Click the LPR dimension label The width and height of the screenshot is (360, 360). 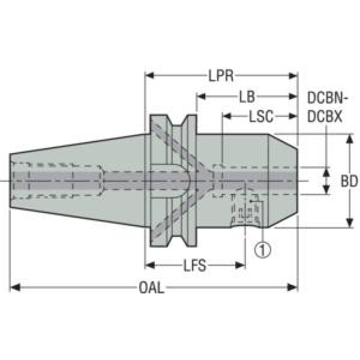pyautogui.click(x=221, y=76)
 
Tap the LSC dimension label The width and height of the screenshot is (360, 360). pyautogui.click(x=261, y=116)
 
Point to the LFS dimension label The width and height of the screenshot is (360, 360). pyautogui.click(x=195, y=265)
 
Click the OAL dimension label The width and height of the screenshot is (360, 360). pyautogui.click(x=152, y=287)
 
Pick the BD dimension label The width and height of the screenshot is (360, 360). pyautogui.click(x=349, y=181)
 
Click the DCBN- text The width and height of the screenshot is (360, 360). pyautogui.click(x=328, y=98)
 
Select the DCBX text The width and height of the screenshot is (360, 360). pyautogui.click(x=324, y=116)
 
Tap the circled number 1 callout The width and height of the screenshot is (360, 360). pyautogui.click(x=263, y=250)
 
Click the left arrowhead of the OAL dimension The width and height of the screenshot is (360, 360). pyautogui.click(x=15, y=287)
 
